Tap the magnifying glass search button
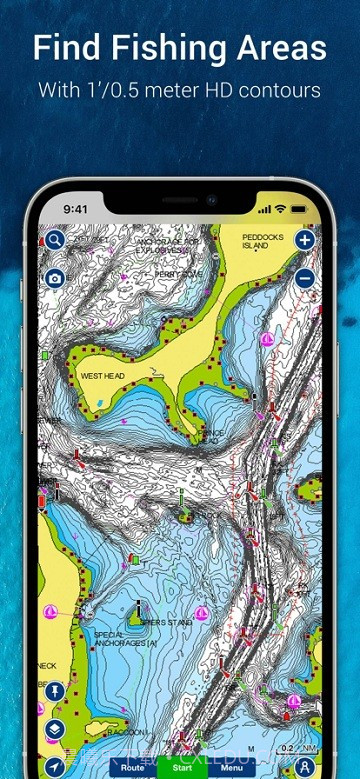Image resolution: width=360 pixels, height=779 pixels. coord(54,240)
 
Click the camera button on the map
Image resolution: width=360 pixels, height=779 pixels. coord(54,277)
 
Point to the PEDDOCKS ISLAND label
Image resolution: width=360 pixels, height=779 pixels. coord(263,241)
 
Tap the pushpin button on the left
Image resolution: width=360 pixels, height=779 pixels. coord(54,691)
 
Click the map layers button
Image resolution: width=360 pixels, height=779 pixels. coord(54,728)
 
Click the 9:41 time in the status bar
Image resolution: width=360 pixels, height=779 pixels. coord(76,210)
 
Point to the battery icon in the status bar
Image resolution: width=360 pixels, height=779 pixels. coord(300,209)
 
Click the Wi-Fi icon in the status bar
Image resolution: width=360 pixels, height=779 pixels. coord(281,209)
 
